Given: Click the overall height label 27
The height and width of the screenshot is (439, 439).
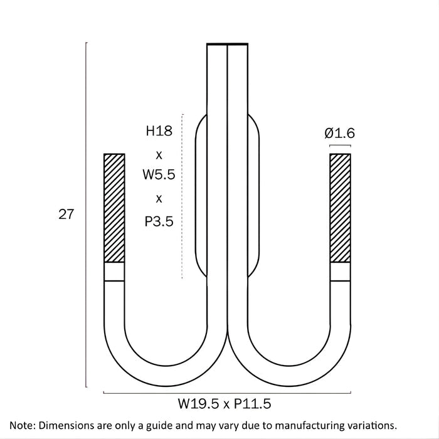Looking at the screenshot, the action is [66, 214].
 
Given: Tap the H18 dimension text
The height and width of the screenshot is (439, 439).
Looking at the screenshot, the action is [159, 130].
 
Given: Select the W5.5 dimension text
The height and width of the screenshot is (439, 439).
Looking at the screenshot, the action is [159, 174].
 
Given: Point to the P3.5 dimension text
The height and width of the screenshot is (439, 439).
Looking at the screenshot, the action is [159, 221].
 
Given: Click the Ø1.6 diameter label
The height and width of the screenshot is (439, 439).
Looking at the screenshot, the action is [340, 133].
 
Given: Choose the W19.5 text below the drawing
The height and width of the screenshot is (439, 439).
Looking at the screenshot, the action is [198, 404].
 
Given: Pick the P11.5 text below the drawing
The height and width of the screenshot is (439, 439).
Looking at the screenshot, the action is [253, 404].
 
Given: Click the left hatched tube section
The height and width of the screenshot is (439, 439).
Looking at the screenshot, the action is [114, 208].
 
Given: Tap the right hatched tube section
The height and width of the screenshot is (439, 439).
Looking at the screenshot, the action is [340, 208].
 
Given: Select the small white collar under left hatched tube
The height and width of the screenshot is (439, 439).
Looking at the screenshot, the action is [114, 272].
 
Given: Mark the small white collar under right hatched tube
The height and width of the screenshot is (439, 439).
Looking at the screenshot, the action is [340, 272].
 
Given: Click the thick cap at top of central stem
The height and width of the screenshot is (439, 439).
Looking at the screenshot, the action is [227, 44].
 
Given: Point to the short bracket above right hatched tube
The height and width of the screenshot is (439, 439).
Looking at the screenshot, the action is [340, 145].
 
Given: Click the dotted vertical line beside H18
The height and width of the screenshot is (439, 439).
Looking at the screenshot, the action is [182, 196].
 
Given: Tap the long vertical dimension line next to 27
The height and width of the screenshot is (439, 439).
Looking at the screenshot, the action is [86, 214].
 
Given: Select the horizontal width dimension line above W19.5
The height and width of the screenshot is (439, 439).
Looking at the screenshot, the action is [227, 393].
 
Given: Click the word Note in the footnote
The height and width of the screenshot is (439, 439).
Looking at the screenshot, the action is [21, 425].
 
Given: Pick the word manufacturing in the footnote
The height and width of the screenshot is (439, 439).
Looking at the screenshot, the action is [310, 426].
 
